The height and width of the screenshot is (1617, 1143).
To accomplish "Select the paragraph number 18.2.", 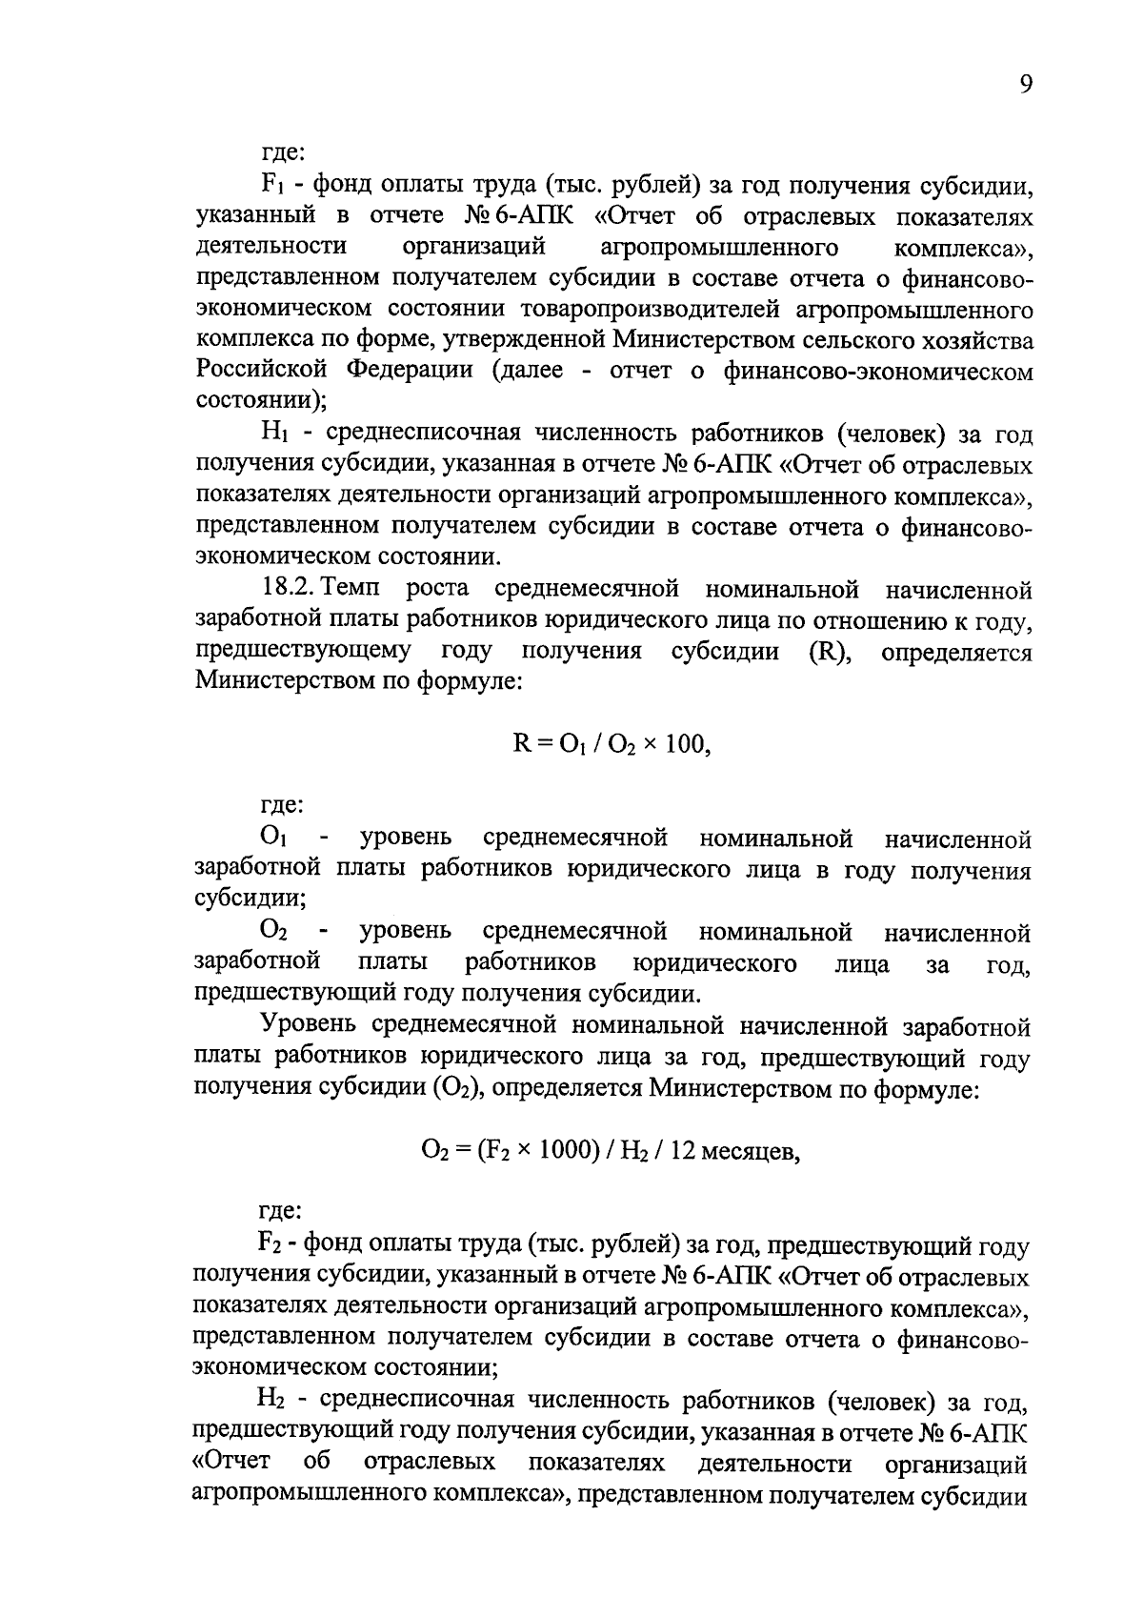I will click(x=291, y=590).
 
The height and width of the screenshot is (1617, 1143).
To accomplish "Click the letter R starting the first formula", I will click(x=521, y=744).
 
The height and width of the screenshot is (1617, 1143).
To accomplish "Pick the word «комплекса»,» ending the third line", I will click(x=963, y=248).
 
